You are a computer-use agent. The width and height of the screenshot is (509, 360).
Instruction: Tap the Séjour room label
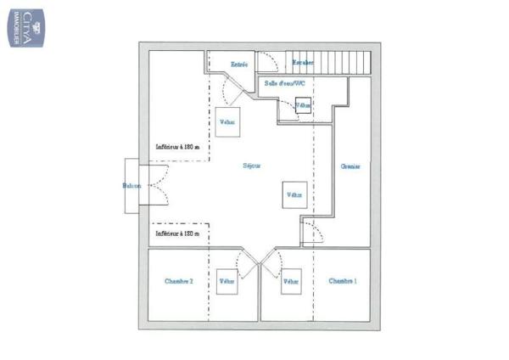pos(252,166)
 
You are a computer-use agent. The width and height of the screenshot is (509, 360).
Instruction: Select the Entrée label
pos(239,65)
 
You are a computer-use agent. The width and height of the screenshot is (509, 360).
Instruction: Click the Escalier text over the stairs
pos(303,63)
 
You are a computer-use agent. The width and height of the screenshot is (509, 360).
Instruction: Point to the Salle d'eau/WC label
pos(284,83)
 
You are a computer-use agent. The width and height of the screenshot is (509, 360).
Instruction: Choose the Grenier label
pos(350,166)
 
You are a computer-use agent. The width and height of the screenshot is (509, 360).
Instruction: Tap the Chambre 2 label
pos(178,281)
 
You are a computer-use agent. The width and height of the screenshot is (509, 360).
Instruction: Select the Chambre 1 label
pos(342,281)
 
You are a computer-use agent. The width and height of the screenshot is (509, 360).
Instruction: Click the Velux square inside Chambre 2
pos(227,281)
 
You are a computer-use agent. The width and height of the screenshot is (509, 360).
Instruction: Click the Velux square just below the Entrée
pos(227,121)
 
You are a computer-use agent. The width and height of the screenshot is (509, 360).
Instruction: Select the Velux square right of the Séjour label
pos(294,194)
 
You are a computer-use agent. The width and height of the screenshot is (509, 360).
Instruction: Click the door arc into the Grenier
pos(311,231)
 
